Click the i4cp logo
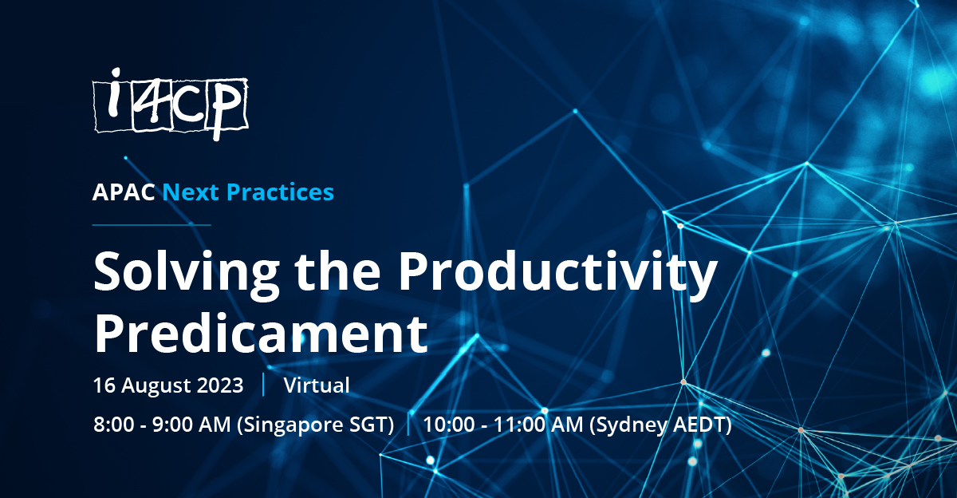point(170,105)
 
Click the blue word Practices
point(281,192)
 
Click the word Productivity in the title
point(557,275)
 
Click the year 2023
point(219,385)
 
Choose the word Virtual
point(317,385)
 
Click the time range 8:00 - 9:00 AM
point(161,425)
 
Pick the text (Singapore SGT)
point(315,425)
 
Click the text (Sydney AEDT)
point(660,425)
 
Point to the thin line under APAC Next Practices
point(152,225)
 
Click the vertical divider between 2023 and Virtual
point(263,385)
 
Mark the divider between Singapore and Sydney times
point(408,425)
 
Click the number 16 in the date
point(103,385)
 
